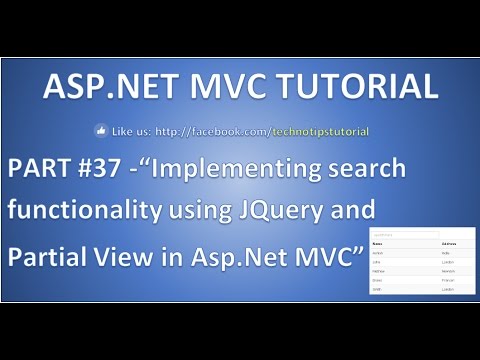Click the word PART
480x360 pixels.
coord(39,169)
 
